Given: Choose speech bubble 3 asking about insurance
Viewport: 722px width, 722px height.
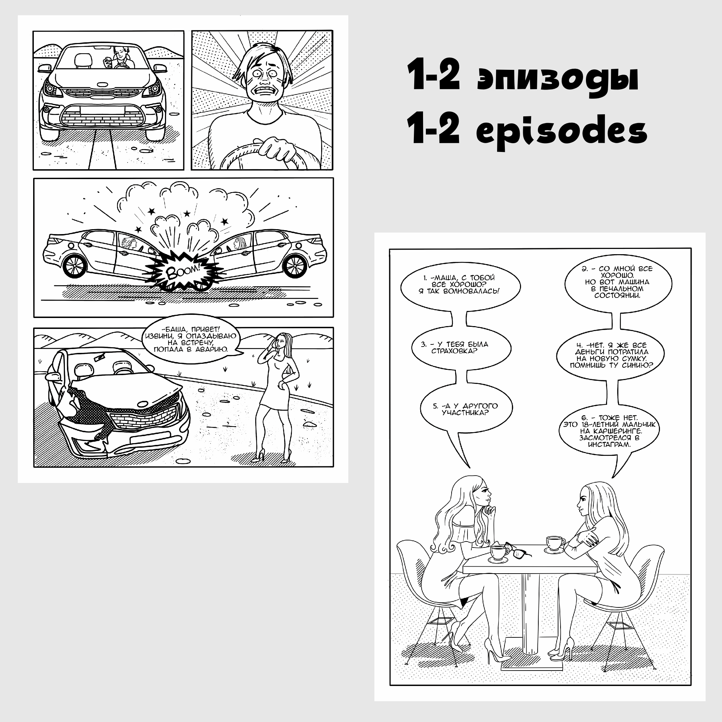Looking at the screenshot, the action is (x=460, y=348).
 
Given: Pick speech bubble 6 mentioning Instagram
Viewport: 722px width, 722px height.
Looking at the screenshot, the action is (x=609, y=431).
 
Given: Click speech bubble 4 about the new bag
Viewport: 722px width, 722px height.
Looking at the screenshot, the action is (x=610, y=355).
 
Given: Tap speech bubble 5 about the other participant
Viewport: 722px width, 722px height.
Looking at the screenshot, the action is (x=466, y=410).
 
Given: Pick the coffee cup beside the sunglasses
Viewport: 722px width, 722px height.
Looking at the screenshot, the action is (x=498, y=553).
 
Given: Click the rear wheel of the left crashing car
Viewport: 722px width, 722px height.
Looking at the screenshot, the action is (x=75, y=266).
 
